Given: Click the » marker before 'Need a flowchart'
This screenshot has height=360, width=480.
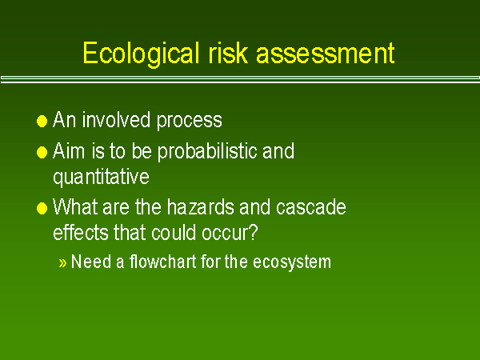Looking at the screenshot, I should click(x=63, y=263).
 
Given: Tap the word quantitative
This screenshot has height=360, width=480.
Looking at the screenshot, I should click(x=101, y=175).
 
